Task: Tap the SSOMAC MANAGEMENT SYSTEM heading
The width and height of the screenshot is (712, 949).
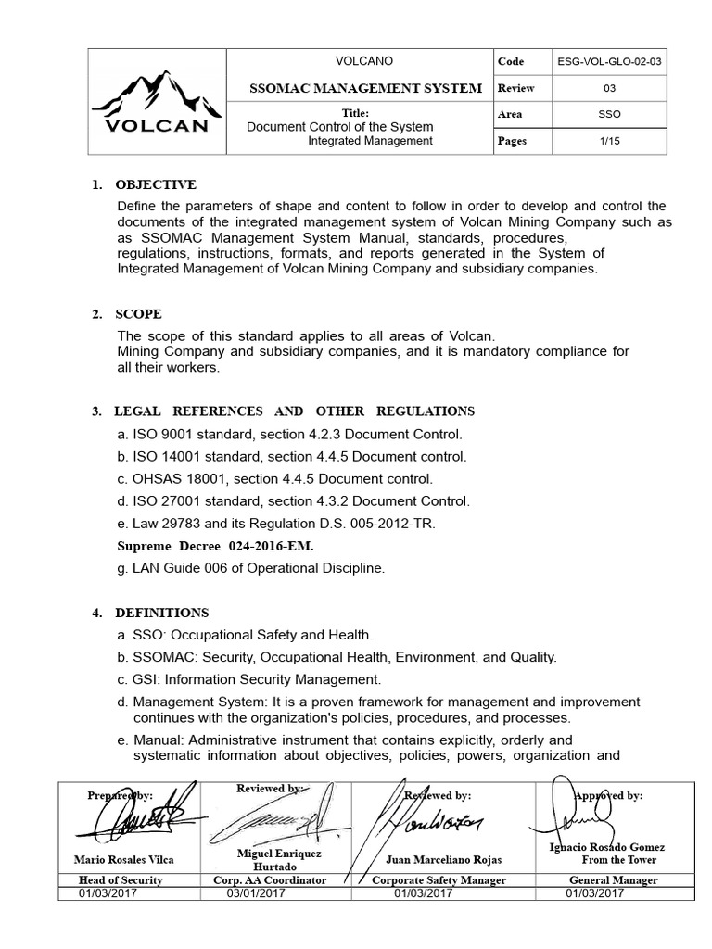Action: pos(366,88)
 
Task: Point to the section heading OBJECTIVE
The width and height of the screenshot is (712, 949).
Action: pos(156,184)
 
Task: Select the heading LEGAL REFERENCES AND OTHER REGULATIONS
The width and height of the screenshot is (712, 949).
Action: pos(294,411)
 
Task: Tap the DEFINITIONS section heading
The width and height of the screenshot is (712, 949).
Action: pos(161,613)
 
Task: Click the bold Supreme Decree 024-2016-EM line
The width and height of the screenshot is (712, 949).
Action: pos(215,546)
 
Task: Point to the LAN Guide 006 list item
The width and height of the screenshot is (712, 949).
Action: pos(250,568)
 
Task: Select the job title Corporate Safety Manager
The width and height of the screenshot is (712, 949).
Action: pos(439,880)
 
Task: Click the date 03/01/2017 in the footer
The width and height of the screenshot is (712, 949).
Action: pos(257,892)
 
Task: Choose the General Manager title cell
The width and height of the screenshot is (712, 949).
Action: pos(614,880)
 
